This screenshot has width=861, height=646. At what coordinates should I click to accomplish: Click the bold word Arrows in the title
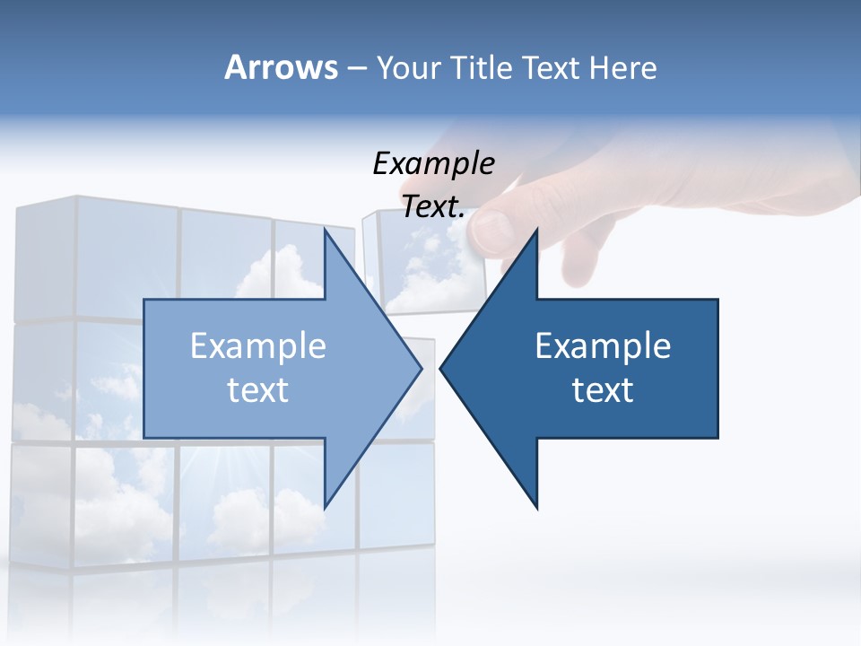(281, 67)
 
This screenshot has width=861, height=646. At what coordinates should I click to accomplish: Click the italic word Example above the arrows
(433, 163)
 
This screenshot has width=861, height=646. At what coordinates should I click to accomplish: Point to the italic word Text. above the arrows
(433, 206)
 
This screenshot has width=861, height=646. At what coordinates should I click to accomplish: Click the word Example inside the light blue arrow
(257, 345)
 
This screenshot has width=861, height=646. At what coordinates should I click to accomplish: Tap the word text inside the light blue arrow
(257, 390)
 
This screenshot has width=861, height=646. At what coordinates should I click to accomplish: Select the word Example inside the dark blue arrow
(603, 345)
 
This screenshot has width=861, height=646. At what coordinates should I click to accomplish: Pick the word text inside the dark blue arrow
(603, 390)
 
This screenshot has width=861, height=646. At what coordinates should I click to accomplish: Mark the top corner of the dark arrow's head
(536, 231)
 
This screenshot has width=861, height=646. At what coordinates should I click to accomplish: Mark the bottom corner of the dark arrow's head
(536, 507)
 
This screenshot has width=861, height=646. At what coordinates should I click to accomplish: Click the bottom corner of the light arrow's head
(326, 507)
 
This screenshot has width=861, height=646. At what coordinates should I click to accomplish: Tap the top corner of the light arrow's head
(326, 231)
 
